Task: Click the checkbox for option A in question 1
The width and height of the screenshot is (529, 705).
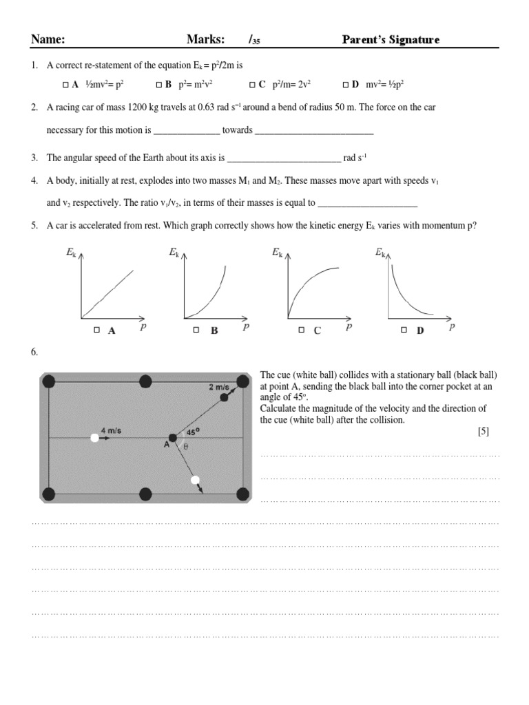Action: [65, 85]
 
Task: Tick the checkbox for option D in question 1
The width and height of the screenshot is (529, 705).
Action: [345, 85]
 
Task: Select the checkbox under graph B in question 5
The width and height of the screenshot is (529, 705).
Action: [196, 330]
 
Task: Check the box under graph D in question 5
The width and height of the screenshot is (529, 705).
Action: [404, 330]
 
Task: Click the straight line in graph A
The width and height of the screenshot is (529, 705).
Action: [108, 293]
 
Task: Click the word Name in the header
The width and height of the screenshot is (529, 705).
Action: [48, 40]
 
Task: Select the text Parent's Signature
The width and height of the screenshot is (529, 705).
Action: [391, 40]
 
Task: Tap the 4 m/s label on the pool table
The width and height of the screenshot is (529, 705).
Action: [112, 431]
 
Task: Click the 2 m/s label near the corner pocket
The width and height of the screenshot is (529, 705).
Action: [219, 387]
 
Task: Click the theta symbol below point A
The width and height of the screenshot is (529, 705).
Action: [184, 446]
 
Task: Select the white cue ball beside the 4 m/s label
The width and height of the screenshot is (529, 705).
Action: [94, 438]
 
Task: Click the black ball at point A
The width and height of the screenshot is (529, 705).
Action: [172, 438]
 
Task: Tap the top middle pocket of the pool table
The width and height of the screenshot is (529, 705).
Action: [145, 381]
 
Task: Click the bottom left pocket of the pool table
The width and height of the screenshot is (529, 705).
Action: [48, 493]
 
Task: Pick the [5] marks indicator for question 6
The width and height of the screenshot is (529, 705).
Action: [482, 431]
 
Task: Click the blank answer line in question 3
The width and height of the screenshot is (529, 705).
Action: [283, 158]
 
